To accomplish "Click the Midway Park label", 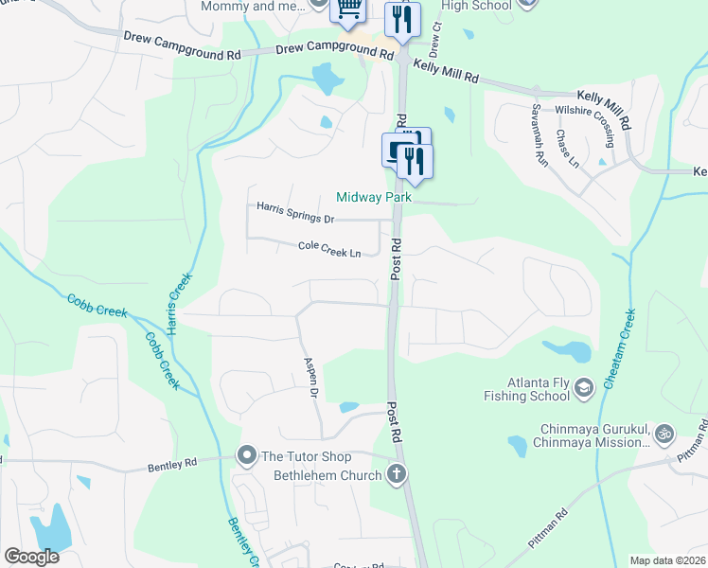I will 376,198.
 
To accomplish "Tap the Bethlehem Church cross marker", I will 397,473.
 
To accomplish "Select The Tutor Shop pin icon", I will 247,456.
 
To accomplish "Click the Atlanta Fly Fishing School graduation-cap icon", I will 584,386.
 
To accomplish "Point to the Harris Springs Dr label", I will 296,212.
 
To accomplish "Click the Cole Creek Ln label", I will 329,249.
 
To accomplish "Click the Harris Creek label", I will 175,304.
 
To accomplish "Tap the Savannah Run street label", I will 540,135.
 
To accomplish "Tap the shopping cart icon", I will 347,9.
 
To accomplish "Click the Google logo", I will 31,557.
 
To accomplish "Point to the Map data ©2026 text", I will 667,560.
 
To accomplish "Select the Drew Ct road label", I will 437,34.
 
